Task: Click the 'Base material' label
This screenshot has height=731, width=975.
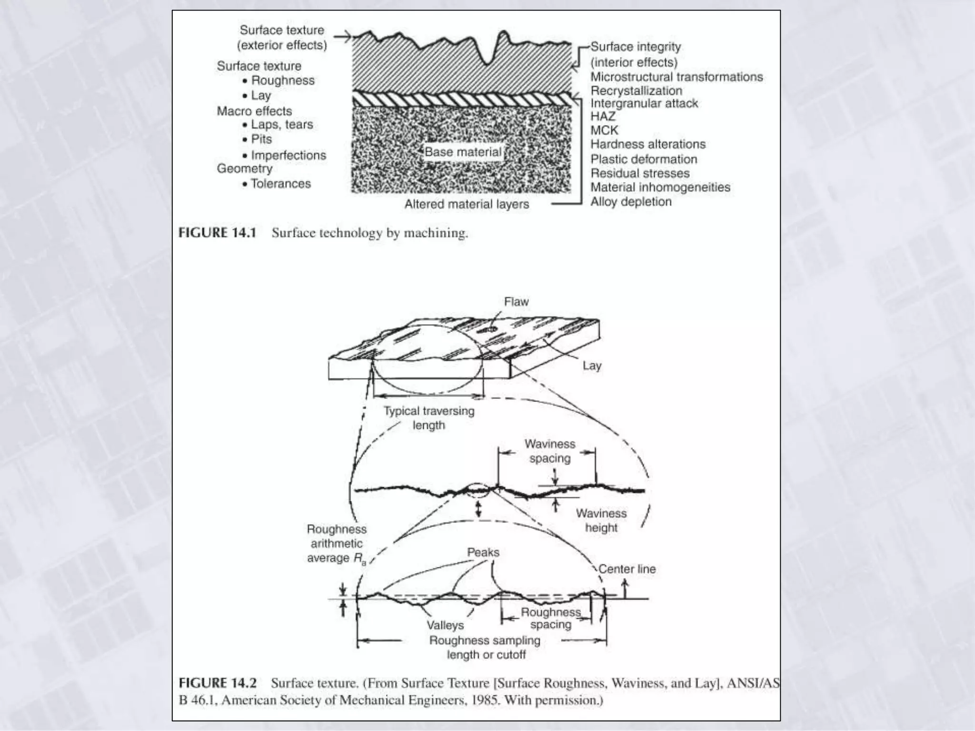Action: pos(463,152)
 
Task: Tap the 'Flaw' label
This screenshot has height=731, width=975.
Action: pos(516,302)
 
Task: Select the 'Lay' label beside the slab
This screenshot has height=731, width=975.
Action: pos(592,365)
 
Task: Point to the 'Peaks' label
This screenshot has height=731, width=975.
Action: pos(483,553)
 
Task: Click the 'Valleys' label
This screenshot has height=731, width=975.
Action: pos(445,625)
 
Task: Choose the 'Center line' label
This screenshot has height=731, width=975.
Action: pos(627,569)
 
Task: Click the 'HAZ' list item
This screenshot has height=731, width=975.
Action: pos(603,117)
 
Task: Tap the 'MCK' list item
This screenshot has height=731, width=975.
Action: pos(604,130)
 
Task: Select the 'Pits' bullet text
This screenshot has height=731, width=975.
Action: pos(261,139)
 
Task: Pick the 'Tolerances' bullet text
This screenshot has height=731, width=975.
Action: pos(280,184)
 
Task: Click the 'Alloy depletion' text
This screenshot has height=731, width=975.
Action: pos(631,202)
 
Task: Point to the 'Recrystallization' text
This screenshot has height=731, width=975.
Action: pos(636,91)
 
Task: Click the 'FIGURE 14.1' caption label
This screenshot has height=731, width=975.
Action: pos(217,233)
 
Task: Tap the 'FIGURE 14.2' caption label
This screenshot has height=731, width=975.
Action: pos(218,683)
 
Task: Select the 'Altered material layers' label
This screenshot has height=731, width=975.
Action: pos(467,204)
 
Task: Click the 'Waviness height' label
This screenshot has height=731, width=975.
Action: pos(601,521)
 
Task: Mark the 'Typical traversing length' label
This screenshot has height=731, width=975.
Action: pos(429,418)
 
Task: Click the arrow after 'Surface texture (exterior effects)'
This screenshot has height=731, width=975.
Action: pos(342,36)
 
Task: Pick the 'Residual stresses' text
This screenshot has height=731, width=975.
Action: pos(640,173)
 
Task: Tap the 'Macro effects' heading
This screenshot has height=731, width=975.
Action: pos(254,111)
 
